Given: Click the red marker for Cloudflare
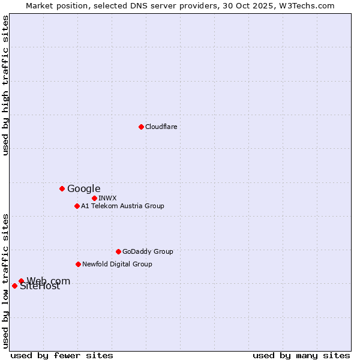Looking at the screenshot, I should tap(141, 127).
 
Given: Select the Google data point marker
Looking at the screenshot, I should tap(62, 188).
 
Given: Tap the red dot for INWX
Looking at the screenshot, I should tap(94, 198).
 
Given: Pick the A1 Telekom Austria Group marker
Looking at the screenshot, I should tap(77, 206).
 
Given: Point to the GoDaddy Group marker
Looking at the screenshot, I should tap(118, 251).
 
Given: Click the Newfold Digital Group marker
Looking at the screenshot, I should tap(78, 264).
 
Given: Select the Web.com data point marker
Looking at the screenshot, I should tap(21, 281).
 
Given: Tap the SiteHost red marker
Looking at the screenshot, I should tap(14, 286).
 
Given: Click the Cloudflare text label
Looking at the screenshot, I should tap(161, 127).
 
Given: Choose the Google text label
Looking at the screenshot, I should tap(83, 188).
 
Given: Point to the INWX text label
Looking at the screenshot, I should tap(107, 198).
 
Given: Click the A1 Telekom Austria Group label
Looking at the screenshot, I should tap(122, 206).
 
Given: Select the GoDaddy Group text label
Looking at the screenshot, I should tap(148, 251).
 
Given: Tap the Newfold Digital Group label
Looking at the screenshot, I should tap(117, 264).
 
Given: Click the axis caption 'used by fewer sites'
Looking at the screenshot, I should tap(62, 355).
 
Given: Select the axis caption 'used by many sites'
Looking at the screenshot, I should tap(301, 355).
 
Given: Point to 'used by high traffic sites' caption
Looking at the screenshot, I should tap(6, 85).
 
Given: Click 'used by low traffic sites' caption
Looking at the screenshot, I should tap(6, 280).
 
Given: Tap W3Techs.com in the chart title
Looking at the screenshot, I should tap(310, 5).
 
